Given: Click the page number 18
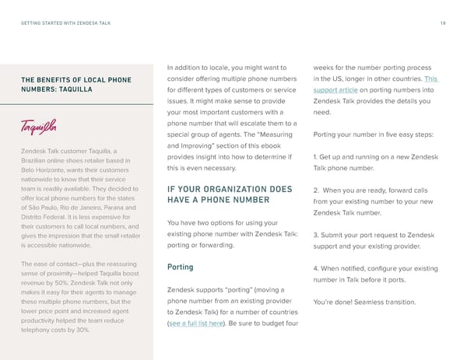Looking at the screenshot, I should [x=443, y=23].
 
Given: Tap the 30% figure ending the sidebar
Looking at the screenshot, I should [x=83, y=330].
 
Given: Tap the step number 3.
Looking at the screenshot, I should [x=315, y=235].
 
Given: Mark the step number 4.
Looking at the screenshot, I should [x=315, y=268].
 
